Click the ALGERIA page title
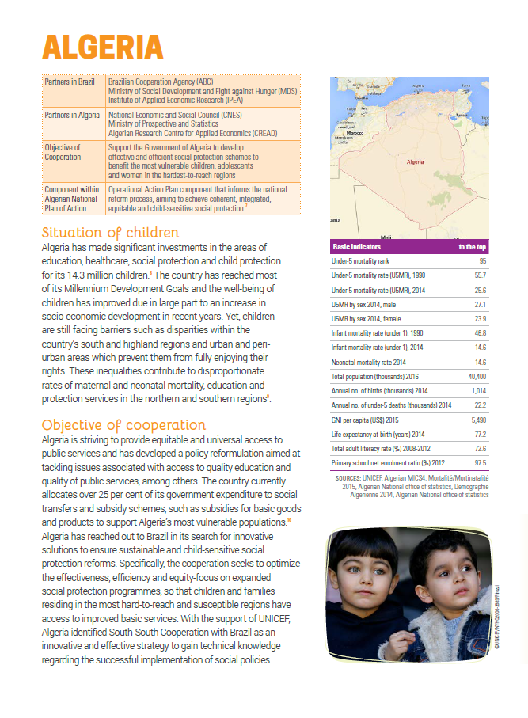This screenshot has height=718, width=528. (x=102, y=47)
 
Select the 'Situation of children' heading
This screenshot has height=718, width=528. (x=110, y=233)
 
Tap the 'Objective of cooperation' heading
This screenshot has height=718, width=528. (x=123, y=424)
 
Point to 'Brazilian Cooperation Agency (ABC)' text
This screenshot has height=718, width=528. (x=154, y=82)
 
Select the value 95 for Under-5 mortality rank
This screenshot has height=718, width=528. (x=482, y=260)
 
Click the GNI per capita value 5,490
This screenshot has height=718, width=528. (x=478, y=420)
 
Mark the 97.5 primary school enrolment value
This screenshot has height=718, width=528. (x=479, y=464)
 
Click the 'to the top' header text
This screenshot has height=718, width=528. (x=473, y=247)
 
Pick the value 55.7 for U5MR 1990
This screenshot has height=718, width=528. (x=479, y=275)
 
